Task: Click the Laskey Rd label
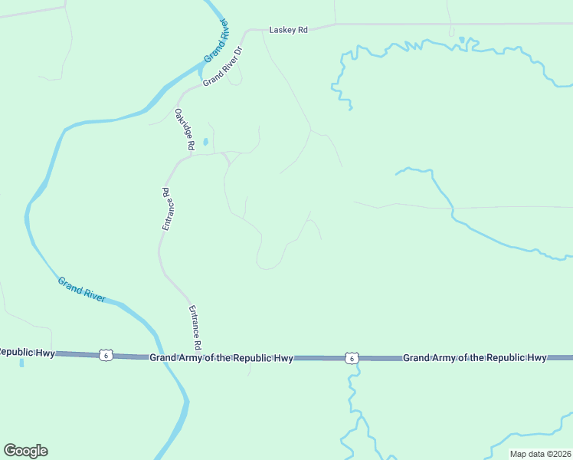click(x=288, y=30)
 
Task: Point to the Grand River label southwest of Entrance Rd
click(x=82, y=290)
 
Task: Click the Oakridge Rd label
click(x=186, y=128)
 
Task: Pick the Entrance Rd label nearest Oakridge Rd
click(x=169, y=209)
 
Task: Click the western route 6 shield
click(x=106, y=355)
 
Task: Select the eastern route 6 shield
click(x=350, y=358)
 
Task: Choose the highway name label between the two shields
click(x=221, y=358)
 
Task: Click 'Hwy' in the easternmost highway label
click(x=535, y=358)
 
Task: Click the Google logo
click(x=25, y=451)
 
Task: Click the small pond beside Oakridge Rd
click(x=205, y=141)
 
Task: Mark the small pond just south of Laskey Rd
click(x=462, y=39)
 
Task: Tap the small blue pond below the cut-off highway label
click(x=21, y=362)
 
